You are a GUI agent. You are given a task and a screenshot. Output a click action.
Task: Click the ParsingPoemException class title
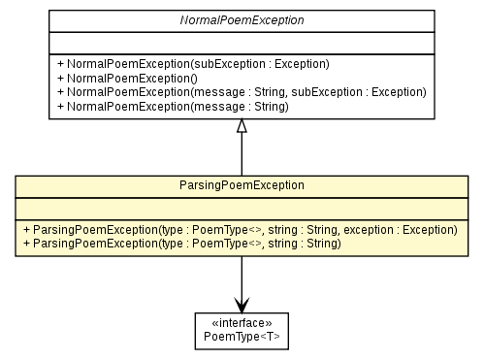pos(241,184)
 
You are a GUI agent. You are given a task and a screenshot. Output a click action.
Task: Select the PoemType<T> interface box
pos(241,330)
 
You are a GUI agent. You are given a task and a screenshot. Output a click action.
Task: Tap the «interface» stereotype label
pos(241,323)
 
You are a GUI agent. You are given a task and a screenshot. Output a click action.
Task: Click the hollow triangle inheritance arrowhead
pos(241,126)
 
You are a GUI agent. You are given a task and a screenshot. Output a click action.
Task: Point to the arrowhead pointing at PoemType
pos(241,300)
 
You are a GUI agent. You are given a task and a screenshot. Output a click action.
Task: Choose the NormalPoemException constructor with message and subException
pos(242,91)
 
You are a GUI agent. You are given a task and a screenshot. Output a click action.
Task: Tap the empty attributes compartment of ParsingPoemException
pos(241,208)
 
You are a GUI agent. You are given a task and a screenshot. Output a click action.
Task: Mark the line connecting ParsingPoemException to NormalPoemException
pos(241,155)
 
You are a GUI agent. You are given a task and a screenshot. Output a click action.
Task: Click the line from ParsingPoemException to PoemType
pos(241,277)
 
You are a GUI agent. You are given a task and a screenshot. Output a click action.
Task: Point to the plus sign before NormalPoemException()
pos(60,78)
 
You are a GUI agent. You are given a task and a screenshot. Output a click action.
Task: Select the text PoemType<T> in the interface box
pos(241,337)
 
